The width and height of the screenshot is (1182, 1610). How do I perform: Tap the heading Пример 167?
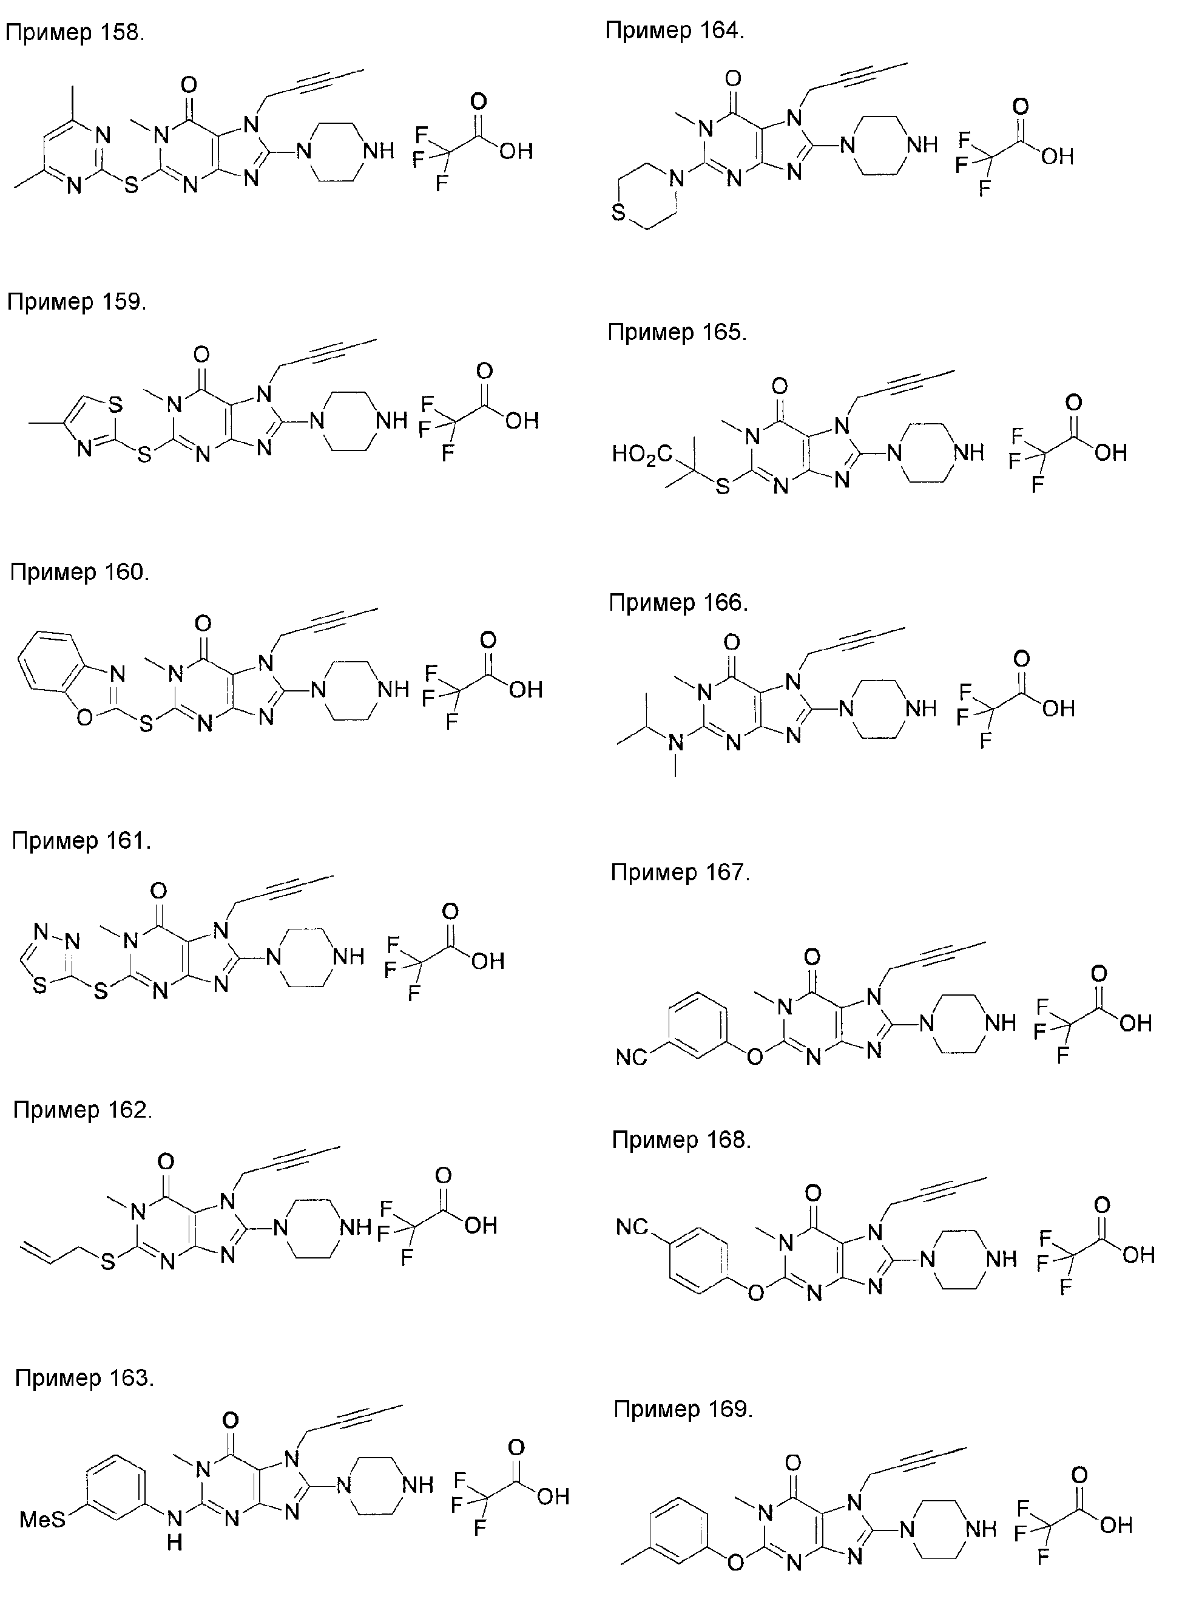coord(680,872)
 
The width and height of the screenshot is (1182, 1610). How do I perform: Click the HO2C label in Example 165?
coord(642,455)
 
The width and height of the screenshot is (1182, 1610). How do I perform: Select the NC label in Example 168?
coord(632,1228)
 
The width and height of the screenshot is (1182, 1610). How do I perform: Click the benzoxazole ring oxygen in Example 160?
coord(84,716)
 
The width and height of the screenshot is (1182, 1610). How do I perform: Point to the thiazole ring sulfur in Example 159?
coord(115,405)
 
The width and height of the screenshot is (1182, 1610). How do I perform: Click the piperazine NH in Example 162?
coord(356,1227)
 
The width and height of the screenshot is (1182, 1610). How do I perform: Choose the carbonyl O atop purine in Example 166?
coord(732,642)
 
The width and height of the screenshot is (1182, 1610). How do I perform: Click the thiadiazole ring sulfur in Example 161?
coord(40,986)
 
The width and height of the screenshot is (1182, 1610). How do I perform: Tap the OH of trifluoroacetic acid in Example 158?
coord(516,151)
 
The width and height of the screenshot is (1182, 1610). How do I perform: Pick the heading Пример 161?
coord(81,840)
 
